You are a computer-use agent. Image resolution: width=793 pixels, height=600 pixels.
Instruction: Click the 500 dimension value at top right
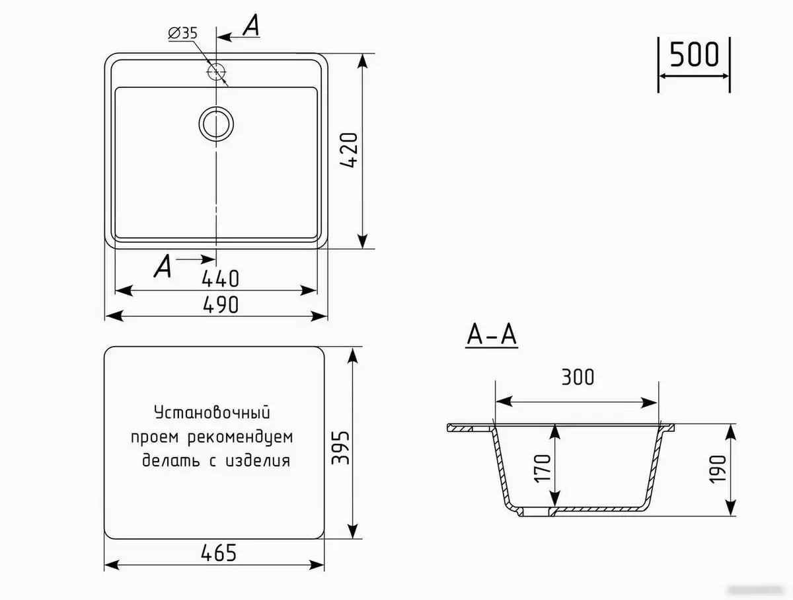(x=694, y=54)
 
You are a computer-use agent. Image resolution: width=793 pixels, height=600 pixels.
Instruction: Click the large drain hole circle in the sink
(x=215, y=123)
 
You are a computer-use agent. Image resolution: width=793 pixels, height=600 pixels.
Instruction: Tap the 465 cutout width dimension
(x=215, y=552)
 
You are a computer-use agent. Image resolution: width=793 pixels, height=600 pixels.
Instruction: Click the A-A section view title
(x=492, y=336)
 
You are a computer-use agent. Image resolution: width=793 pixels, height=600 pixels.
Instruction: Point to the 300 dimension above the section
(x=577, y=377)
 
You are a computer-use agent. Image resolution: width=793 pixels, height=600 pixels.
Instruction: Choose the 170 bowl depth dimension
(x=543, y=468)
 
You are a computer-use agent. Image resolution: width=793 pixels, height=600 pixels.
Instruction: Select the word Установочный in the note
(x=213, y=413)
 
